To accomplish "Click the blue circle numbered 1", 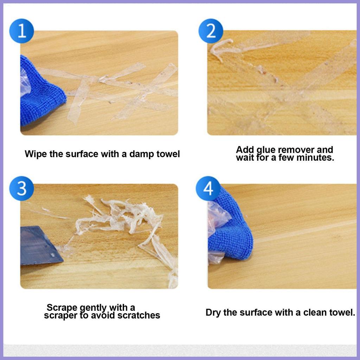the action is coord(21,31).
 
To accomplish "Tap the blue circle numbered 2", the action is coord(211,31).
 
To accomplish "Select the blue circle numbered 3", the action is coord(21,188).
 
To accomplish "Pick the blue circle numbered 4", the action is coord(208,188).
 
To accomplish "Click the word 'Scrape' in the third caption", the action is coord(62,307).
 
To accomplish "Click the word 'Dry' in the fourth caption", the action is coord(213,313).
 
